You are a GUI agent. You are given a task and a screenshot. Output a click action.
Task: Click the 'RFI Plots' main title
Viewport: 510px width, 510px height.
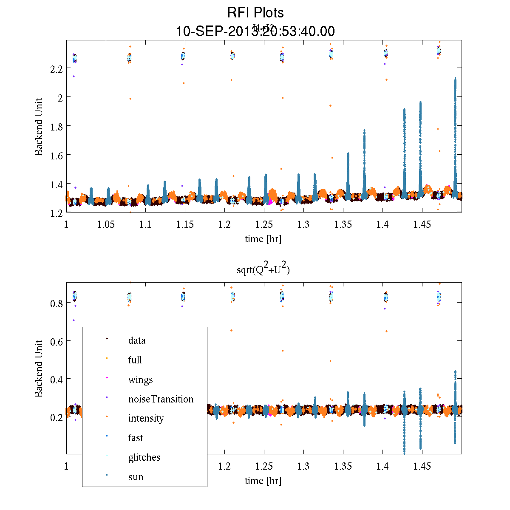point(255,13)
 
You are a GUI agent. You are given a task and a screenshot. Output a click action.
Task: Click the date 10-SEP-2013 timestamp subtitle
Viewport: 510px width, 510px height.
point(255,31)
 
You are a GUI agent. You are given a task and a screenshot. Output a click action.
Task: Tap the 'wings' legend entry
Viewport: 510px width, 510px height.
point(140,380)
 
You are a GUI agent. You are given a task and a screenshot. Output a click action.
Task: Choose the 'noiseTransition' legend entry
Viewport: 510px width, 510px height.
point(161,399)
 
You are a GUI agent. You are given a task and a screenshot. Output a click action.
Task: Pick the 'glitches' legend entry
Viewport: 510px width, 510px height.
point(144,457)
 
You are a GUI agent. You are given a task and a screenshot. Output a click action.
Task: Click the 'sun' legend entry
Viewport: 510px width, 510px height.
point(136,477)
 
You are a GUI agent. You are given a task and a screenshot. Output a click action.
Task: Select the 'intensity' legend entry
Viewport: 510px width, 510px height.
point(146,418)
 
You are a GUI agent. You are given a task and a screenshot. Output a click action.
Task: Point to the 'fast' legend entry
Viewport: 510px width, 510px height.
point(136,438)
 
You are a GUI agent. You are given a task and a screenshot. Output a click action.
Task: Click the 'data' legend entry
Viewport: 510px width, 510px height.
point(136,340)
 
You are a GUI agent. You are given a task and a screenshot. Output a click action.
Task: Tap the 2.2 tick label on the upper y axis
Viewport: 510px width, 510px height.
point(56,68)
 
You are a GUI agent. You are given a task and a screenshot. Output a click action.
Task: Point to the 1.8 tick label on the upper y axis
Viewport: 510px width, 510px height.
point(56,126)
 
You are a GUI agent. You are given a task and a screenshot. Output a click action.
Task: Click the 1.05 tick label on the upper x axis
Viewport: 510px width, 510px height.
point(105,224)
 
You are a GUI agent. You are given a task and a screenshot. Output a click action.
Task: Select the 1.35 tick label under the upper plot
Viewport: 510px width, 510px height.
point(343,224)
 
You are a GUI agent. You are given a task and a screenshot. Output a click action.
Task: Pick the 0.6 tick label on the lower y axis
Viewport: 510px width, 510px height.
point(56,341)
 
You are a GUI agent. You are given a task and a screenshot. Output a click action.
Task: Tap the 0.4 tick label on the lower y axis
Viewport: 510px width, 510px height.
point(56,379)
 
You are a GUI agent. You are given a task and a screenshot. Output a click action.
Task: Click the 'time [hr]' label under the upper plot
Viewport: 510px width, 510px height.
point(263,239)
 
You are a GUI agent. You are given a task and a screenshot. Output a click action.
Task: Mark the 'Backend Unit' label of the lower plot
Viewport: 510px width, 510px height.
point(39,368)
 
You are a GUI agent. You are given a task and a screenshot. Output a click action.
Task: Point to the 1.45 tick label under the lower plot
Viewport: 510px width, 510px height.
point(422,466)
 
